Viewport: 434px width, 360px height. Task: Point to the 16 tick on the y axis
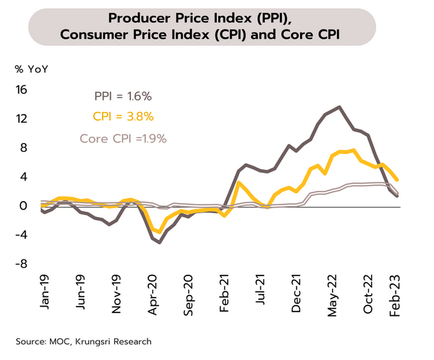tap(21, 90)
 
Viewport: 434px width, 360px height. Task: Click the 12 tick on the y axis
tap(21, 119)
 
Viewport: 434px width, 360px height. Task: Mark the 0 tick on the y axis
tap(23, 206)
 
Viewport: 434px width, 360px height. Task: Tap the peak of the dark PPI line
tap(339, 107)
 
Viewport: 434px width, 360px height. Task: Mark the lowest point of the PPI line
tap(159, 243)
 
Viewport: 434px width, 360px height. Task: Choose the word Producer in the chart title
tap(142, 16)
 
